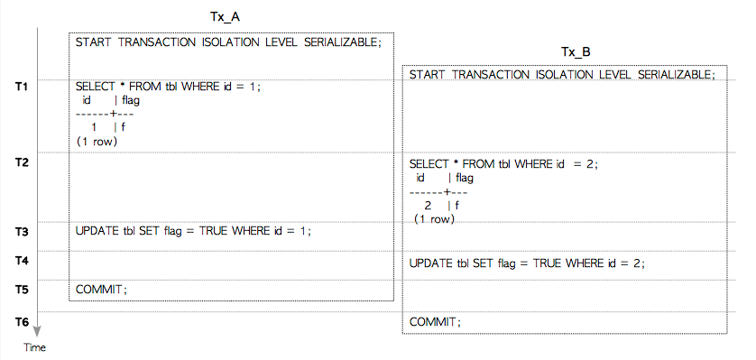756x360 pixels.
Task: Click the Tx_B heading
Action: click(576, 52)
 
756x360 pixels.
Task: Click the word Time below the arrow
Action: click(34, 347)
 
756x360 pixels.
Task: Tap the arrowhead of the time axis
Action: click(37, 332)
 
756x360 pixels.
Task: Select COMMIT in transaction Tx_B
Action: click(436, 322)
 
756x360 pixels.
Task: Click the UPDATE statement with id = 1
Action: click(193, 231)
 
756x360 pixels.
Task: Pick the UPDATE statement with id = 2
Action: click(527, 263)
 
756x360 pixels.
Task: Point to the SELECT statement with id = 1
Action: click(169, 87)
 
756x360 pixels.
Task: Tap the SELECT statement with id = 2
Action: click(503, 164)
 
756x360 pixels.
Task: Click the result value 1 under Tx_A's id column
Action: click(94, 128)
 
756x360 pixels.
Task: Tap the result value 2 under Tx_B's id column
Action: click(428, 206)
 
